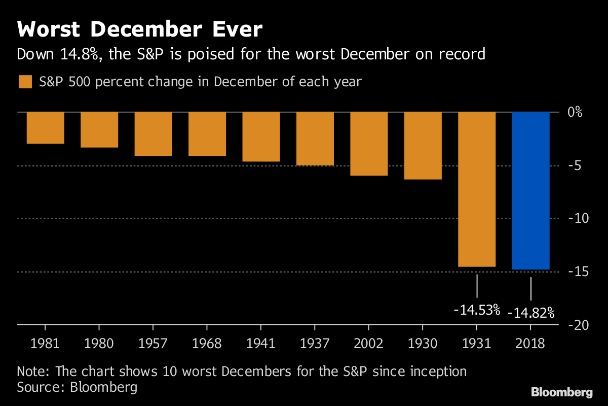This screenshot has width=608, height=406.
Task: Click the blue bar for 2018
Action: click(530, 190)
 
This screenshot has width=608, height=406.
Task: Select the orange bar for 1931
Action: click(477, 189)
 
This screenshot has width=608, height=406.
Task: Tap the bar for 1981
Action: click(46, 127)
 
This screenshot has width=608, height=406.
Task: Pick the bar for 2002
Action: click(369, 144)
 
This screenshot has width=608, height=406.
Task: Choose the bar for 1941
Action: click(261, 137)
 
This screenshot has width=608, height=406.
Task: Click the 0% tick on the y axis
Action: click(575, 112)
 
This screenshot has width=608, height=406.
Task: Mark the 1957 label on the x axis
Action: click(153, 344)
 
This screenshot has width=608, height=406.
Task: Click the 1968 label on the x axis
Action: click(207, 344)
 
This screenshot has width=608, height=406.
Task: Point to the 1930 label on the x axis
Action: click(423, 344)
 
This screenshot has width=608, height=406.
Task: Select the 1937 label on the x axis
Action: click(315, 344)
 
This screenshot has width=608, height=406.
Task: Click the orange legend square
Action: click(25, 82)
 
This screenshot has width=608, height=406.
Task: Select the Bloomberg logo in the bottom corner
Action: click(561, 392)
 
